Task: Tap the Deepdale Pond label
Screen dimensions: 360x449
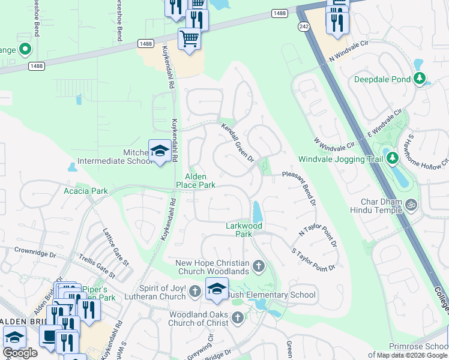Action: click(382, 79)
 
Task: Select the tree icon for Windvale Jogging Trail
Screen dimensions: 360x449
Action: click(393, 158)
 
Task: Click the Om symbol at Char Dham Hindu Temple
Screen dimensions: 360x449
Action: click(412, 205)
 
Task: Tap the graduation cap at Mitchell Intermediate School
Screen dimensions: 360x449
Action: click(160, 152)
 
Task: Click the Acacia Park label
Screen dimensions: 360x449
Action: click(86, 191)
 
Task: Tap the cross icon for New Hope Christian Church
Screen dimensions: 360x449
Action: click(259, 266)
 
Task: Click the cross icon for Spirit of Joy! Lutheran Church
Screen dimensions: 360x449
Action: click(194, 292)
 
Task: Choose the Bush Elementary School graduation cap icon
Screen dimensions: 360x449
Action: click(217, 289)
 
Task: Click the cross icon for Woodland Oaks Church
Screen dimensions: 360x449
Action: click(238, 317)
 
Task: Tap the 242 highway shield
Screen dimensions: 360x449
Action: click(304, 28)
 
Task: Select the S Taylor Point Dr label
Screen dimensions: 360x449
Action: click(313, 259)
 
